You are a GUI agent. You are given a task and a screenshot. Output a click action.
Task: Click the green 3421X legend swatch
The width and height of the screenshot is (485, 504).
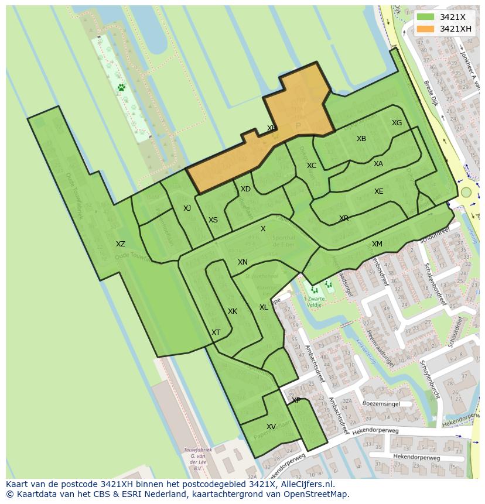pyautogui.click(x=426, y=17)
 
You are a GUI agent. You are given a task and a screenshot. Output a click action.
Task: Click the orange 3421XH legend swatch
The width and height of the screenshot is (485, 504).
pyautogui.click(x=426, y=29)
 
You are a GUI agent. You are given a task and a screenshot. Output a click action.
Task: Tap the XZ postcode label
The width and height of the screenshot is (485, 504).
pyautogui.click(x=121, y=244)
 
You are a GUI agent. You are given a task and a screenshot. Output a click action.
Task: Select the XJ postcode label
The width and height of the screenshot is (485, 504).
pyautogui.click(x=187, y=208)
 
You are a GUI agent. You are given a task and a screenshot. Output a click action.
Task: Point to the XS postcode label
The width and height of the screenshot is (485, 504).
pyautogui.click(x=213, y=220)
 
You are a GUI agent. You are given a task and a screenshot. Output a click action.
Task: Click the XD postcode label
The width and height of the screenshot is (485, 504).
pyautogui.click(x=245, y=189)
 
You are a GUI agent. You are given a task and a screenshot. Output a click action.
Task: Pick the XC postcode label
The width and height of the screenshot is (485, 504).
pyautogui.click(x=312, y=166)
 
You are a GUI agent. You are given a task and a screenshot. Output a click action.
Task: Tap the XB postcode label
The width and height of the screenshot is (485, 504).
pyautogui.click(x=361, y=139)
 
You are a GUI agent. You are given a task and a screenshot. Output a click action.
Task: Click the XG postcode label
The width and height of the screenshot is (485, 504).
pyautogui.click(x=397, y=123)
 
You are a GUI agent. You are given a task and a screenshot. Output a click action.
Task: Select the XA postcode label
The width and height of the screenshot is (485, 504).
pyautogui.click(x=378, y=164)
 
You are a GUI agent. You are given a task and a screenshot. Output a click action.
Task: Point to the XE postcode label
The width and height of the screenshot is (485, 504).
pyautogui.click(x=379, y=191)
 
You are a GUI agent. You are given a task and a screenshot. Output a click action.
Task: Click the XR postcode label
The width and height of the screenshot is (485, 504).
pyautogui.click(x=344, y=218)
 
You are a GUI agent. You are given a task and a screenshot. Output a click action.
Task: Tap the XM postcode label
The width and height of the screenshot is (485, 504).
pyautogui.click(x=377, y=244)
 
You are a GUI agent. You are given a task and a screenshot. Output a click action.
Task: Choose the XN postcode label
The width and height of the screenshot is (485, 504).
pyautogui.click(x=243, y=262)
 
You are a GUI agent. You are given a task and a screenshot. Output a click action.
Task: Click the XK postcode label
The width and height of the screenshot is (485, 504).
pyautogui.click(x=233, y=311)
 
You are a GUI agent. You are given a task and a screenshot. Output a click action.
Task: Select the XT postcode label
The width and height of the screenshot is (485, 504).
pyautogui.click(x=216, y=332)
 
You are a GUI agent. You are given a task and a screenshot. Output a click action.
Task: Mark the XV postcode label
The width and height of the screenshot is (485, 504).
pyautogui.click(x=271, y=427)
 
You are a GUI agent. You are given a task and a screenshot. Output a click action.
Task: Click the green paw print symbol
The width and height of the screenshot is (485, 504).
pyautogui.click(x=121, y=88)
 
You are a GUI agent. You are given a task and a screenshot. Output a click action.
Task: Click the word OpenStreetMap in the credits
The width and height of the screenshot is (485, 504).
pyautogui.click(x=316, y=493)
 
